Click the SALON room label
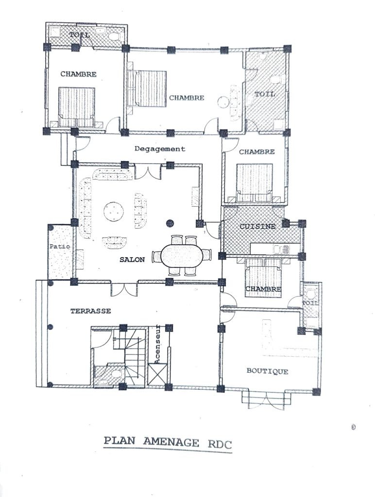pyautogui.click(x=132, y=260)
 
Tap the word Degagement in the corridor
pyautogui.click(x=160, y=149)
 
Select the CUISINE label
pyautogui.click(x=257, y=226)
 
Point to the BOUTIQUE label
pyautogui.click(x=268, y=371)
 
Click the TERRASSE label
pyautogui.click(x=91, y=311)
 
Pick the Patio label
pyautogui.click(x=60, y=246)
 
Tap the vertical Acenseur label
pyautogui.click(x=157, y=346)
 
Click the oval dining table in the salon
pyautogui.click(x=182, y=255)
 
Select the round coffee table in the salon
pyautogui.click(x=114, y=212)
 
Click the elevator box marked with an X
pyautogui.click(x=157, y=375)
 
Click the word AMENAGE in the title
pyautogui.click(x=171, y=442)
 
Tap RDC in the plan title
pyautogui.click(x=220, y=443)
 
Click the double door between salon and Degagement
pyautogui.click(x=148, y=172)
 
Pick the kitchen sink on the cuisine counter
pyautogui.click(x=281, y=249)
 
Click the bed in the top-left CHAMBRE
pyautogui.click(x=77, y=107)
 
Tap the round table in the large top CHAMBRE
pyautogui.click(x=223, y=102)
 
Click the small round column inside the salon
pyautogui.click(x=170, y=223)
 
